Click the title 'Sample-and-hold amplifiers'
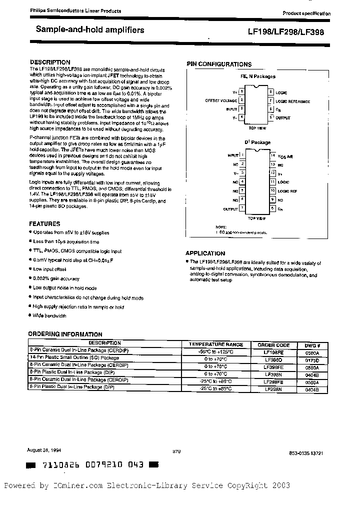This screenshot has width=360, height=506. pyautogui.click(x=90, y=30)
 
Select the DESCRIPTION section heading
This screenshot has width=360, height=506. pyautogui.click(x=49, y=62)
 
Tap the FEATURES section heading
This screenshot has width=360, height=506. pyautogui.click(x=44, y=224)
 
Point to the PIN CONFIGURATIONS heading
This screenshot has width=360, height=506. pyautogui.click(x=219, y=64)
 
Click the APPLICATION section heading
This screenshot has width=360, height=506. pyautogui.click(x=205, y=253)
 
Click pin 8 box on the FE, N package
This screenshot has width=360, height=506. pyautogui.click(x=270, y=92)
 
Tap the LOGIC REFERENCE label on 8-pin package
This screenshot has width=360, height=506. pyautogui.click(x=292, y=101)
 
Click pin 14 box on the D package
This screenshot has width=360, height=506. pyautogui.click(x=272, y=155)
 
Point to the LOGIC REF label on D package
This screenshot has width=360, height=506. pyautogui.click(x=287, y=191)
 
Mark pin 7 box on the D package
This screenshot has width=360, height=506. pyautogui.click(x=242, y=208)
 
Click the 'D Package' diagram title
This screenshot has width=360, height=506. pyautogui.click(x=257, y=142)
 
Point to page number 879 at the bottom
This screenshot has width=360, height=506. pyautogui.click(x=175, y=451)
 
